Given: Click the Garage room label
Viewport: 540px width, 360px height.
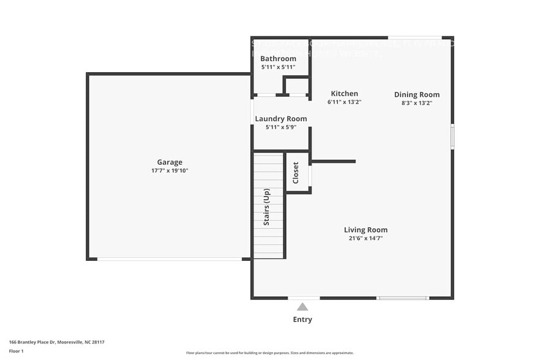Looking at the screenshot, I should [x=170, y=162].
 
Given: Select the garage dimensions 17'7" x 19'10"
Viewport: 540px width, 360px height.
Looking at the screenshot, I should [x=170, y=171].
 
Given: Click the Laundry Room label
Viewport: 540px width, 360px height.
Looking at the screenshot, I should [x=280, y=119].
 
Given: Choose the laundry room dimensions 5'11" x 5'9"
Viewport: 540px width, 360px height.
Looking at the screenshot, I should [x=280, y=127].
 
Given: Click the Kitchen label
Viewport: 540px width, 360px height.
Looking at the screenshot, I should [x=344, y=94].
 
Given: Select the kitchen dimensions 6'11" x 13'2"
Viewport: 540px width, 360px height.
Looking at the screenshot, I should [x=344, y=102].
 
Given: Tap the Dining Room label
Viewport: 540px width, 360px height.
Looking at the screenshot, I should [x=416, y=94].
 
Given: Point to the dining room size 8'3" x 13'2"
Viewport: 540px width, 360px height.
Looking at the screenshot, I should [x=416, y=103].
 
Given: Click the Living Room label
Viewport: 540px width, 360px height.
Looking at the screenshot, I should [x=366, y=230].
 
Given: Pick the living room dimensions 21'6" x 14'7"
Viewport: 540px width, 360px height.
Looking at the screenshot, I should [x=366, y=238].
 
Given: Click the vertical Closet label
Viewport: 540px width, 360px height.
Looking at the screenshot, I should [x=296, y=173].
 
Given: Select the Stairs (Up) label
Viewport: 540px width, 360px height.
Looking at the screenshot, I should [x=267, y=207].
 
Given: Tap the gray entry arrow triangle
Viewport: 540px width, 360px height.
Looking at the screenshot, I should [x=302, y=307].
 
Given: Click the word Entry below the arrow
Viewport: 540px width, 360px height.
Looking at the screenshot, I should [x=302, y=319].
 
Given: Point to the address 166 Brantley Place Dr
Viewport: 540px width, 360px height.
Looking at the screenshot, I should [x=52, y=342].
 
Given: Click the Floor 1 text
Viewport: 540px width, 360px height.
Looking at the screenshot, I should [x=16, y=351].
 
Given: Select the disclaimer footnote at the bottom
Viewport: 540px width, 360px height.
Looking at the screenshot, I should [x=269, y=353].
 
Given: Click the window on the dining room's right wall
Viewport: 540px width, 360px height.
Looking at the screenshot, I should [x=452, y=137].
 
